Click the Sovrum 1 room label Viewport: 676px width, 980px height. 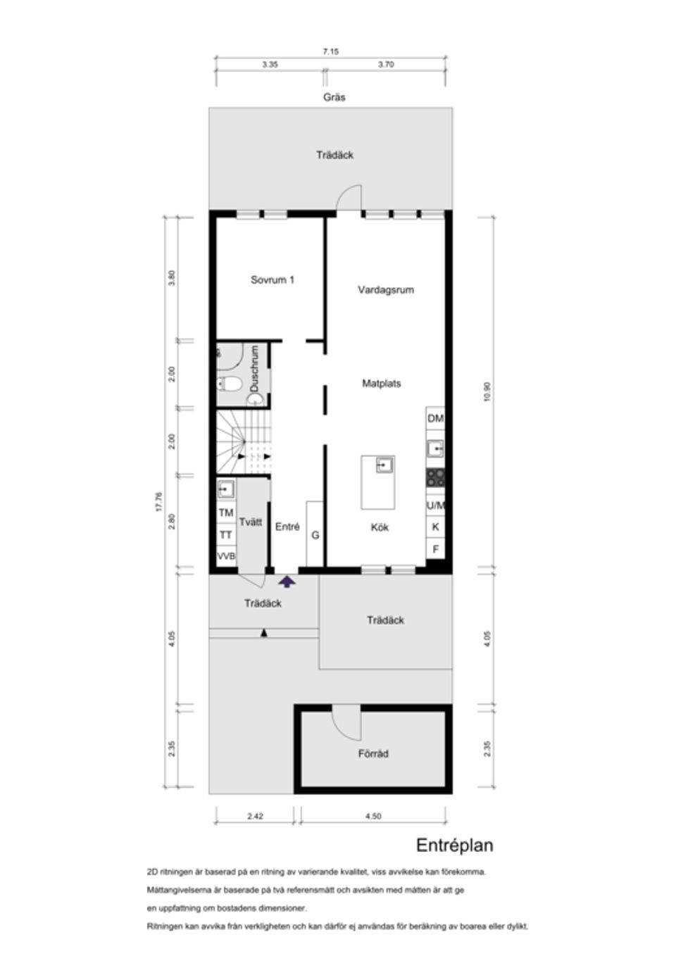[273, 279]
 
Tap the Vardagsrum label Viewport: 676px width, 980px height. [385, 289]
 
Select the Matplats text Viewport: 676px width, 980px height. [381, 384]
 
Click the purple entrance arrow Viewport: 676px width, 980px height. [287, 582]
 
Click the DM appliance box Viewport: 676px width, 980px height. [435, 419]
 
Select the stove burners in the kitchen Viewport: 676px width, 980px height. [435, 478]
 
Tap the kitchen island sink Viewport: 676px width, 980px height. [384, 465]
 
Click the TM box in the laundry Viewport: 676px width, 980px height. [226, 513]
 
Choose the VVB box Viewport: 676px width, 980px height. [226, 556]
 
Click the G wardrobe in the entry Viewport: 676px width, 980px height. [315, 535]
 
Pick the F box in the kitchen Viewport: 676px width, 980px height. [435, 549]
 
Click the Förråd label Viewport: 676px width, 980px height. [373, 754]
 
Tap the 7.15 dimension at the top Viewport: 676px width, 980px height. [331, 51]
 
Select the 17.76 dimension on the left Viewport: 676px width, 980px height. [159, 502]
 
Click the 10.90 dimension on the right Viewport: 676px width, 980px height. [487, 391]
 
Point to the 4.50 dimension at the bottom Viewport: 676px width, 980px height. [373, 817]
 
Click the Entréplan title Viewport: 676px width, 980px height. [454, 846]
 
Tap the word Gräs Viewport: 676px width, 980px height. [334, 97]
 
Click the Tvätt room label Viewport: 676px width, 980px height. [251, 522]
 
